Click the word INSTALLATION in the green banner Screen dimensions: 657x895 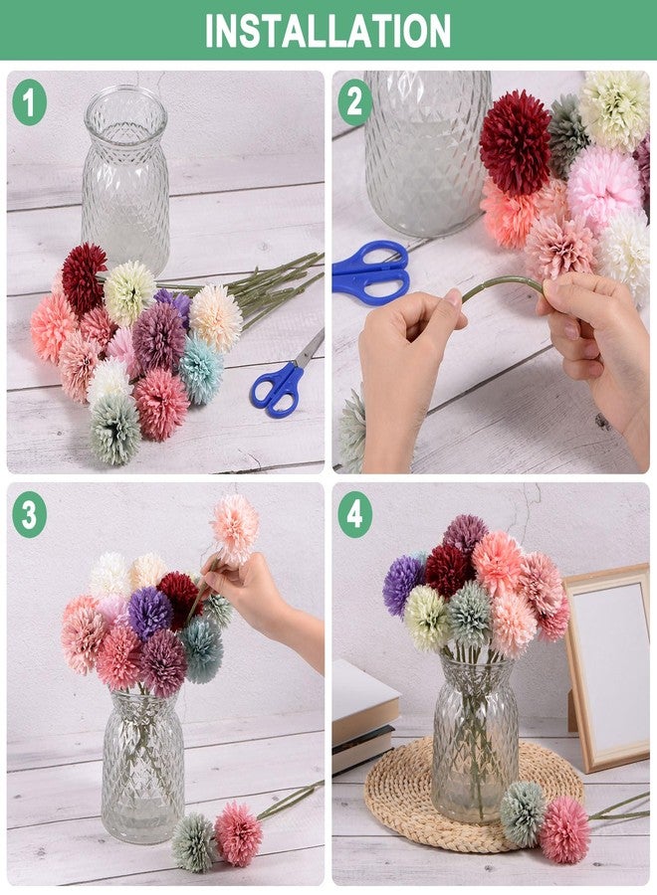coord(328,30)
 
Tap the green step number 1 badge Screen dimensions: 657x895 coord(29,102)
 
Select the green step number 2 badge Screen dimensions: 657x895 coord(354,102)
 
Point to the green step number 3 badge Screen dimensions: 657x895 coord(29,515)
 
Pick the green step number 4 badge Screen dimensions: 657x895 coord(354,515)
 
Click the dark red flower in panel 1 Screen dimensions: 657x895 coord(84,277)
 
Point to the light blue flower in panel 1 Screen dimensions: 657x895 coord(201,369)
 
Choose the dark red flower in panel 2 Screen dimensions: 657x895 coord(516,141)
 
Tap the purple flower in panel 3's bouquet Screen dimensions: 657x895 coord(149,613)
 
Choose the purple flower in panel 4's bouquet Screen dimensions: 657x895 coord(403,585)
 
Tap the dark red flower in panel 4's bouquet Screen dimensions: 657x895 coord(449,570)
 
